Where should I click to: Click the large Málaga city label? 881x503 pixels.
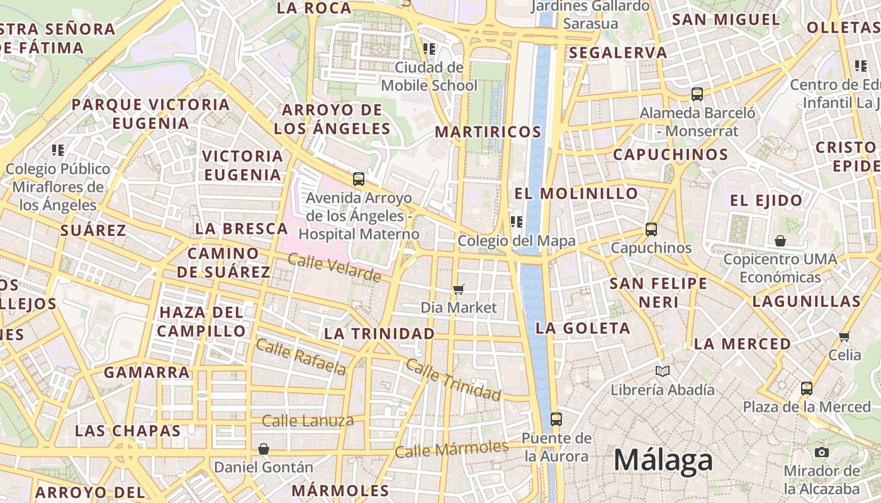click(x=663, y=460)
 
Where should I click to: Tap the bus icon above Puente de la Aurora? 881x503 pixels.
click(x=556, y=419)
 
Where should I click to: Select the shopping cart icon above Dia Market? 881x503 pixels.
click(x=459, y=289)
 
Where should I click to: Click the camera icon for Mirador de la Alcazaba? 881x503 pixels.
click(x=821, y=452)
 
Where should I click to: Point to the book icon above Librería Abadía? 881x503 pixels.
click(x=663, y=371)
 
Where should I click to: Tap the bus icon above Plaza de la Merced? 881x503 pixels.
click(x=807, y=388)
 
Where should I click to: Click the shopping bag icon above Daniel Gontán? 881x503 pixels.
click(x=264, y=449)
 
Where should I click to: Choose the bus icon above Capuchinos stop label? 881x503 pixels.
click(x=651, y=229)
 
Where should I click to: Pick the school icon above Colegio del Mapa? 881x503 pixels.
click(x=517, y=222)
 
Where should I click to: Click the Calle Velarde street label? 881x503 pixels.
click(x=334, y=267)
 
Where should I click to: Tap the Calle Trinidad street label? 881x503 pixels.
click(x=453, y=379)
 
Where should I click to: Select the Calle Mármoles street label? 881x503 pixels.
click(x=451, y=449)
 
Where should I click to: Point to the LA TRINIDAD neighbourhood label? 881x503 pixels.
click(x=379, y=333)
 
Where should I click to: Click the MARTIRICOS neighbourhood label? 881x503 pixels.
click(x=488, y=132)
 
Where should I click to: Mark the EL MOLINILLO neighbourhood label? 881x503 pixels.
click(x=576, y=193)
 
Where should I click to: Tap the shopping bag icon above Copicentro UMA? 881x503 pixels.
click(x=780, y=241)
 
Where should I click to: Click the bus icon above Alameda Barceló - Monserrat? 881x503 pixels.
click(x=697, y=94)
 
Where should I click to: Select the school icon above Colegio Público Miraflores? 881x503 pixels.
click(x=58, y=150)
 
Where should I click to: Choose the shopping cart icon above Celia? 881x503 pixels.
click(x=845, y=336)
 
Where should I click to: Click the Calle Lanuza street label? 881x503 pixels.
click(x=308, y=421)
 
